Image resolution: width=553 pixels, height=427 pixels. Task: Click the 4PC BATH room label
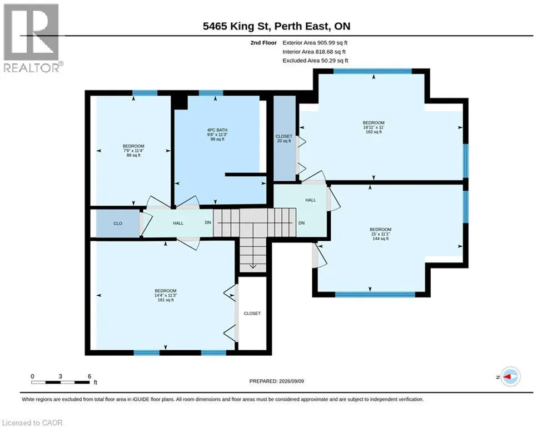click(217, 135)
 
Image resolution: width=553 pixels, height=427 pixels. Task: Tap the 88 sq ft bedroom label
click(133, 150)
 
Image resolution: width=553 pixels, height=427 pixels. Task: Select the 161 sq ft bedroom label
click(166, 295)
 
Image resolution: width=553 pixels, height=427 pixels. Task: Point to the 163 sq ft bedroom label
click(373, 127)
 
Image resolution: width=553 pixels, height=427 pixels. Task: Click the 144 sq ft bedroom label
click(381, 234)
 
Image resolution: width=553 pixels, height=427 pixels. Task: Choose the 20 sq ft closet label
click(284, 138)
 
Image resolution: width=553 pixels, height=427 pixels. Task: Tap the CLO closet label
click(118, 224)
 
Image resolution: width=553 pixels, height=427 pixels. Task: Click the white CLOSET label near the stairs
click(252, 314)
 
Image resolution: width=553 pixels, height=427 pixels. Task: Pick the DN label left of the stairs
click(208, 223)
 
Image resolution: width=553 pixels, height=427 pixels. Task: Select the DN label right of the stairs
click(302, 223)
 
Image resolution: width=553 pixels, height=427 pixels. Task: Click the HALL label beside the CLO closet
click(178, 223)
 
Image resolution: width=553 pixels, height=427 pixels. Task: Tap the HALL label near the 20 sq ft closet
click(311, 200)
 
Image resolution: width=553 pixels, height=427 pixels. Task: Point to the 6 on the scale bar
click(89, 376)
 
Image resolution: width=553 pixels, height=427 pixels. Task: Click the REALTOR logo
click(33, 38)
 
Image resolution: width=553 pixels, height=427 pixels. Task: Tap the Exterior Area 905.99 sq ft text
click(315, 43)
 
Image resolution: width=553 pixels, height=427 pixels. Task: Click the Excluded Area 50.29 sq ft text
click(315, 61)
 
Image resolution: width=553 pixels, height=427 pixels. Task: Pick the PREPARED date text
click(277, 381)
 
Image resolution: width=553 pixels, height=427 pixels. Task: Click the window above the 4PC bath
click(211, 93)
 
